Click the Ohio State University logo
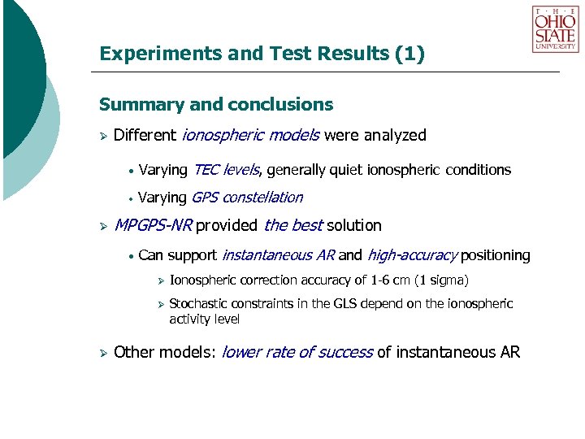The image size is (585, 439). [x=555, y=29]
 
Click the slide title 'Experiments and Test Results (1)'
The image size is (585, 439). [x=262, y=54]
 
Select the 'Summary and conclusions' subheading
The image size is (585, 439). [x=215, y=105]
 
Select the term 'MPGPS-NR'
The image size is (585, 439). [x=151, y=225]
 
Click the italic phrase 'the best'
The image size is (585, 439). [x=292, y=225]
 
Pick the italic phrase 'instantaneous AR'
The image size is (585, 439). [x=278, y=255]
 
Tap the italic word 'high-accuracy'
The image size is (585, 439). [x=412, y=255]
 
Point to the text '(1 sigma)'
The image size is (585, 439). [x=441, y=281]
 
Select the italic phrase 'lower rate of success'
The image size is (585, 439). [x=297, y=353]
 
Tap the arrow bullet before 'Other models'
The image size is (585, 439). [x=103, y=353]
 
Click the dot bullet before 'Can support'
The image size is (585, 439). [x=130, y=256]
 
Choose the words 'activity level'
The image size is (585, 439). [x=204, y=319]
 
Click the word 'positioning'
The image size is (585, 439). [x=495, y=255]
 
